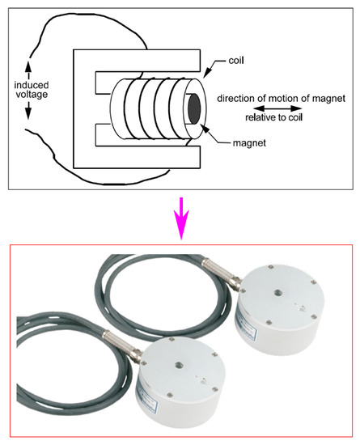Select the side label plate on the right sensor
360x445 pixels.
(246, 325)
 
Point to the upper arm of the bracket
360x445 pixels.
(138, 61)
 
